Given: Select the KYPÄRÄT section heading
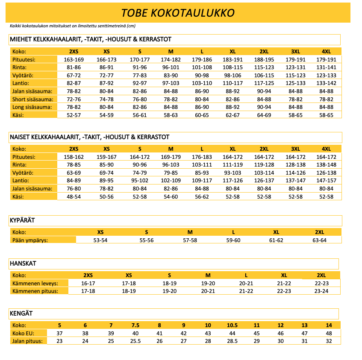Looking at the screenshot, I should coord(22,220).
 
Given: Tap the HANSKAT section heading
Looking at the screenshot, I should coord(23,263).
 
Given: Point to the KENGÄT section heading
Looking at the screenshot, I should coord(21,313).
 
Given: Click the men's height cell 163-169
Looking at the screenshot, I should coord(74,59).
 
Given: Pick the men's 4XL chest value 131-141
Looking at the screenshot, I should coord(327,67).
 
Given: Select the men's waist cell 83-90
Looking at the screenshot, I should coord(171,75).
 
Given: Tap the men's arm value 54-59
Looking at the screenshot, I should coord(106,115).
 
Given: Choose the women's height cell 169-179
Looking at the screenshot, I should coord(171,157).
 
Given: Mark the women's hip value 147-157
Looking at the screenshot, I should coord(327,181).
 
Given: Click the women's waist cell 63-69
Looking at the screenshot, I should coord(74,173).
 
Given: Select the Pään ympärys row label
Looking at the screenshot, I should coord(30,240).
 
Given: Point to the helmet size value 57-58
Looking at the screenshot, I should coord(190,240).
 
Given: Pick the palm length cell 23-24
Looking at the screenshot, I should coord(321,291).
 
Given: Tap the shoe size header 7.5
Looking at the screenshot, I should coord(135,325).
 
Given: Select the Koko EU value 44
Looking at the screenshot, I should coord(232,333).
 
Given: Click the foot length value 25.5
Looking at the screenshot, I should coord(135,341).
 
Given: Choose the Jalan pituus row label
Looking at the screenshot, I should coord(27,341).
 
